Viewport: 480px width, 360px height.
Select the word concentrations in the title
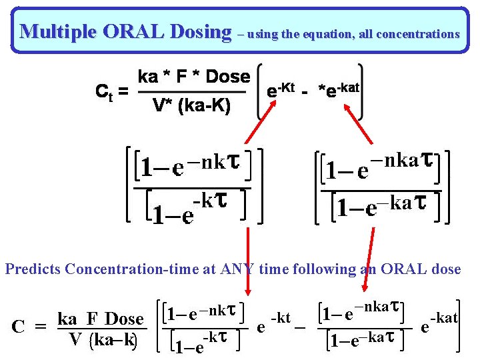[x=418, y=33]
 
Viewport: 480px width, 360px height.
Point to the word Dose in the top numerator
[x=227, y=77]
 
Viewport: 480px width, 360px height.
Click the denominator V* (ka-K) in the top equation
[x=191, y=105]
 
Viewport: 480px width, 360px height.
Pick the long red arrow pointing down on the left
[x=248, y=263]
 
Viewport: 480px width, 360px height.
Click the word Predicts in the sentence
[x=33, y=269]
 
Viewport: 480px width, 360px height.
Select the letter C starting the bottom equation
[x=20, y=327]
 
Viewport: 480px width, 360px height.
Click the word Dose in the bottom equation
[x=124, y=319]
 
